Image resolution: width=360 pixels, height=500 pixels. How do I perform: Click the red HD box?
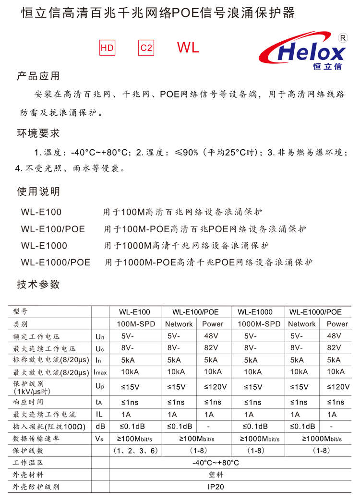[108, 48]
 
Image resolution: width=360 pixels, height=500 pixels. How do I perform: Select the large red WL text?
[188, 48]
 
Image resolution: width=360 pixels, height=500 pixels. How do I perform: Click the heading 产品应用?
[38, 76]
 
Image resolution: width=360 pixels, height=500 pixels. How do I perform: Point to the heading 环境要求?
[38, 133]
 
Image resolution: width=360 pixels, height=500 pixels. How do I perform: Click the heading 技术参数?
[38, 284]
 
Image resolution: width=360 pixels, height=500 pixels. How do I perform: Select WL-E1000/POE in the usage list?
[56, 262]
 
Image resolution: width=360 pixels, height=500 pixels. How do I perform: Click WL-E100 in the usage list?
[41, 212]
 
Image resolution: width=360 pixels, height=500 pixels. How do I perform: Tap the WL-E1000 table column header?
[255, 312]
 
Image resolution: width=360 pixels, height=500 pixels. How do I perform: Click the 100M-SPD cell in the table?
[136, 324]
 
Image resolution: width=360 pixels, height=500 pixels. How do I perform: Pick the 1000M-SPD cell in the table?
[255, 324]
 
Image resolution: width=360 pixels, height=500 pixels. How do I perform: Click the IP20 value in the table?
[216, 487]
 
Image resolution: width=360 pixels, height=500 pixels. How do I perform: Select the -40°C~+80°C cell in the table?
[216, 463]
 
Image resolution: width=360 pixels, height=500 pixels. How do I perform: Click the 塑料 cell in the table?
[216, 475]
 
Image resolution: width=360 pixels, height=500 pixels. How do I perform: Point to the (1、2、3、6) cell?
[136, 451]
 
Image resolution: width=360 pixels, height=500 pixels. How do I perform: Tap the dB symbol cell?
[100, 426]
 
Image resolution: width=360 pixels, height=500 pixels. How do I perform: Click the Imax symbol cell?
[100, 372]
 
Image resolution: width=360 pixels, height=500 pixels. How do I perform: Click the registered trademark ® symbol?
[343, 37]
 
